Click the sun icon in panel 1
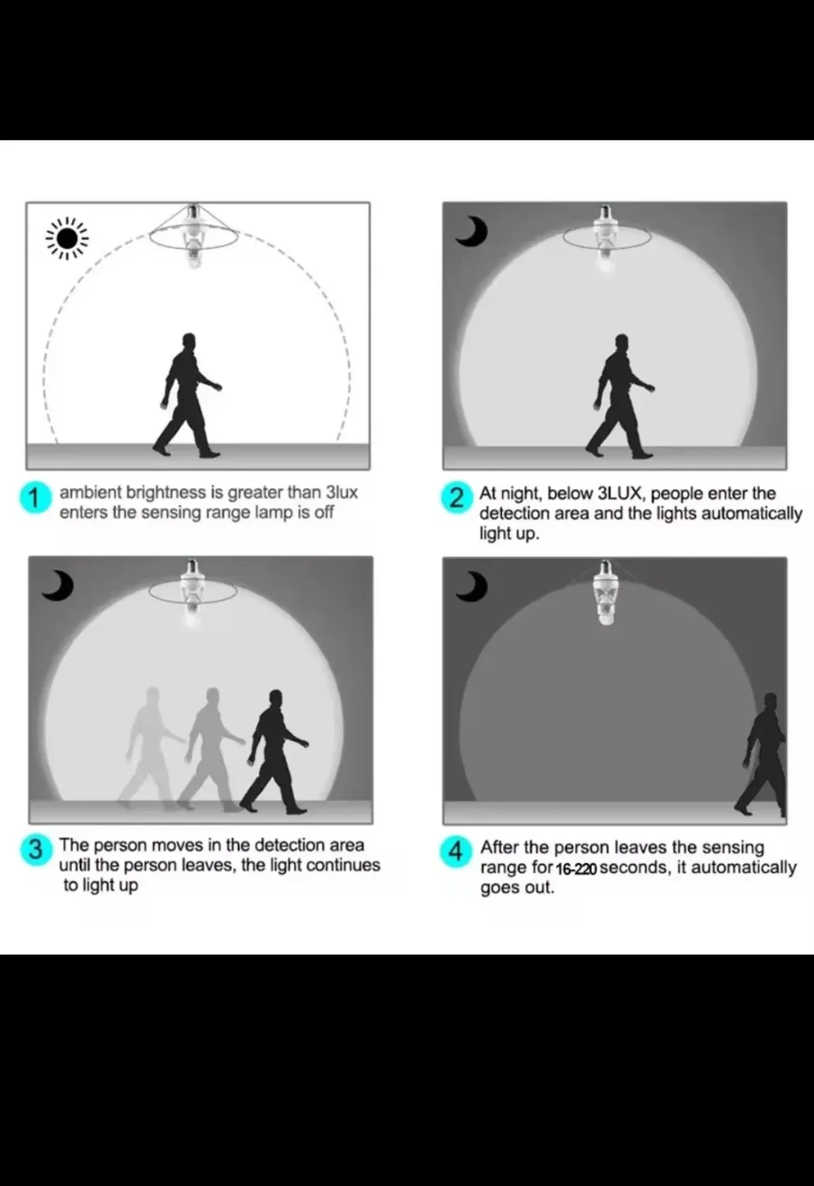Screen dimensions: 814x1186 [x=67, y=239]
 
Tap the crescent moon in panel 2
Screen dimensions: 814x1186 [x=472, y=232]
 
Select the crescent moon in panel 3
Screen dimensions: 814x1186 [x=58, y=586]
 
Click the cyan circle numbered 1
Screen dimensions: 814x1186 [x=35, y=498]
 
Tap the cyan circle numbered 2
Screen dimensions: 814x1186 [x=456, y=499]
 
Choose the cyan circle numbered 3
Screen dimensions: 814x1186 [x=35, y=850]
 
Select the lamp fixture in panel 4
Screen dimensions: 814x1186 [x=606, y=593]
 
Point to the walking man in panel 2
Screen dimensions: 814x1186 [x=620, y=396]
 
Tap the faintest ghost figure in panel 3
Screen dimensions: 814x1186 [x=151, y=749]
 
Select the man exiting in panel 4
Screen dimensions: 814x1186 [x=761, y=755]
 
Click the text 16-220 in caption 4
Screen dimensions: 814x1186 [x=576, y=869]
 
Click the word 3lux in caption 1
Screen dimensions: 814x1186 [x=342, y=493]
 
